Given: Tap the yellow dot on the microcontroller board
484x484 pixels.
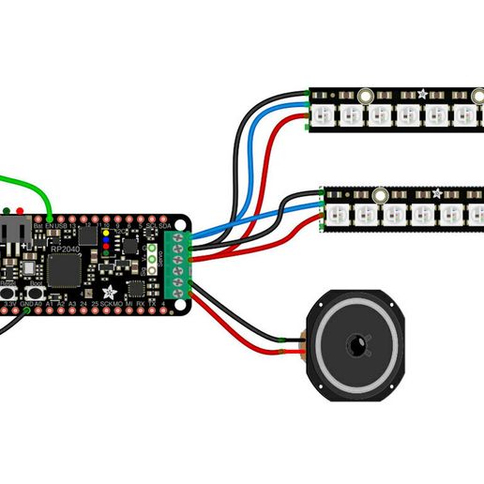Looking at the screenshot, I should pos(104,231).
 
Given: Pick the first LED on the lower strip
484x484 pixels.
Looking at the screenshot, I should pos(337,215).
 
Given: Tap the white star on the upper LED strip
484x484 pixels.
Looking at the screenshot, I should pos(423,95).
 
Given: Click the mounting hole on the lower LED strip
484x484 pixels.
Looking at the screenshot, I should pos(380,195).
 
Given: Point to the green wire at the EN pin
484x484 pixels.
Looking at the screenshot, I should pos(48,211).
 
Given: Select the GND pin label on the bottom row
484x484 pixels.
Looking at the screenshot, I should pos(26,305).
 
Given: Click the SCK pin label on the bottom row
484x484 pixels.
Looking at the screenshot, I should pos(109,305).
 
